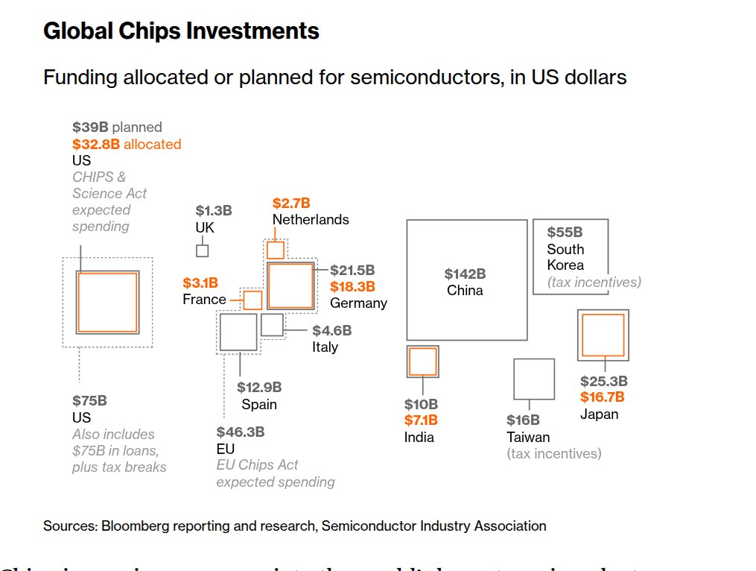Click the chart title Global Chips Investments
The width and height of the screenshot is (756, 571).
181,31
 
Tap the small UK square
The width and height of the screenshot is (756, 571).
202,250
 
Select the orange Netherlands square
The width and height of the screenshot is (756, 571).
275,250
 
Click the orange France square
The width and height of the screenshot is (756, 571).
252,300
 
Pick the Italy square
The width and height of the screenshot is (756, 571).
272,324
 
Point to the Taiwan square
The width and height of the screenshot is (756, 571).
534,379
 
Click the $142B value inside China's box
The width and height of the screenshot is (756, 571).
465,274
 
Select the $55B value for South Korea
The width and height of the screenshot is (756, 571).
565,233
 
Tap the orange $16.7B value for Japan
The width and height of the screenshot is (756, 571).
602,397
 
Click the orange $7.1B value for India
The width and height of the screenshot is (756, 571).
421,420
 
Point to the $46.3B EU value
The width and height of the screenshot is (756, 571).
240,432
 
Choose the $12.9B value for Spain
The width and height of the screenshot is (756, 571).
259,387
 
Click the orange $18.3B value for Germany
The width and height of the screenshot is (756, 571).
352,286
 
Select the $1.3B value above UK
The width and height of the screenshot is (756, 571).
214,211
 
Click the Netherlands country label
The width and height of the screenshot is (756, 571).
311,220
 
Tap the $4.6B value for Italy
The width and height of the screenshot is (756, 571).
331,330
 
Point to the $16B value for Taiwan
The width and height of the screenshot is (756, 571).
523,420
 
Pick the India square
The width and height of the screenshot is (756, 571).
422,362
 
